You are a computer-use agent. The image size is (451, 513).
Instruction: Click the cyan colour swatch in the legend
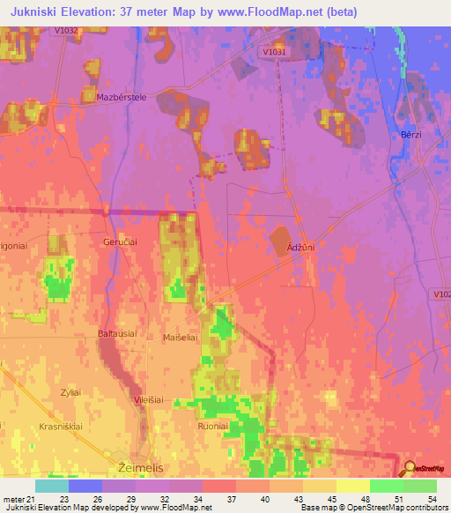[51, 486]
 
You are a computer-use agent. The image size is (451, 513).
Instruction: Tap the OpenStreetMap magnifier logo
[410, 468]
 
